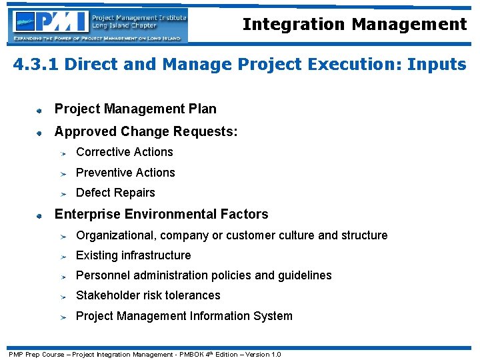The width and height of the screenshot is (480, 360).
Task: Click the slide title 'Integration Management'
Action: click(x=354, y=25)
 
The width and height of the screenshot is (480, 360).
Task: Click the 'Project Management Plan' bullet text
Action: click(x=135, y=109)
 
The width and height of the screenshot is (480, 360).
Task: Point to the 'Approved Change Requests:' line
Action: click(x=145, y=131)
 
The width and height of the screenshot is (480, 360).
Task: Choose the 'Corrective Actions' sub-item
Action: click(x=124, y=152)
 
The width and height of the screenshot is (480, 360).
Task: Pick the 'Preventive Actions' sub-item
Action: click(x=125, y=173)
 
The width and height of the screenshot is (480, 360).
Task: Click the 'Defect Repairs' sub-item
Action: click(x=115, y=193)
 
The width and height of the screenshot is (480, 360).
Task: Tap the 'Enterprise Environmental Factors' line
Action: click(x=161, y=214)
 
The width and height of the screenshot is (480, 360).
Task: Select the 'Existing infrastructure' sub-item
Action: click(x=133, y=255)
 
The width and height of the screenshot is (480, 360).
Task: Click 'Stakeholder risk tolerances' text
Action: click(x=148, y=295)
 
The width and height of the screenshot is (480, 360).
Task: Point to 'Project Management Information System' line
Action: click(x=184, y=316)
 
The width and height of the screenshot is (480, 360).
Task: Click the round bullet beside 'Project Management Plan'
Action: click(x=40, y=109)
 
